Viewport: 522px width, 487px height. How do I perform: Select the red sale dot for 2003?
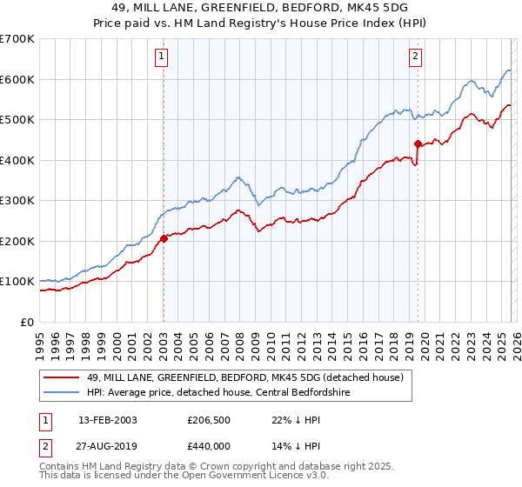164,238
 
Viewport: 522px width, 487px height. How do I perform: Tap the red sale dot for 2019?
418,143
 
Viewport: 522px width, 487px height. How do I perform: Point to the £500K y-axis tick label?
17,119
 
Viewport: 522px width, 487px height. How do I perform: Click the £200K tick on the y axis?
17,241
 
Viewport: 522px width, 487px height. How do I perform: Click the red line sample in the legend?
62,378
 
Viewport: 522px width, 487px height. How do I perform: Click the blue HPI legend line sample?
62,392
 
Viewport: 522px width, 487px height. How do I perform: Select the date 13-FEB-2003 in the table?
107,420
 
